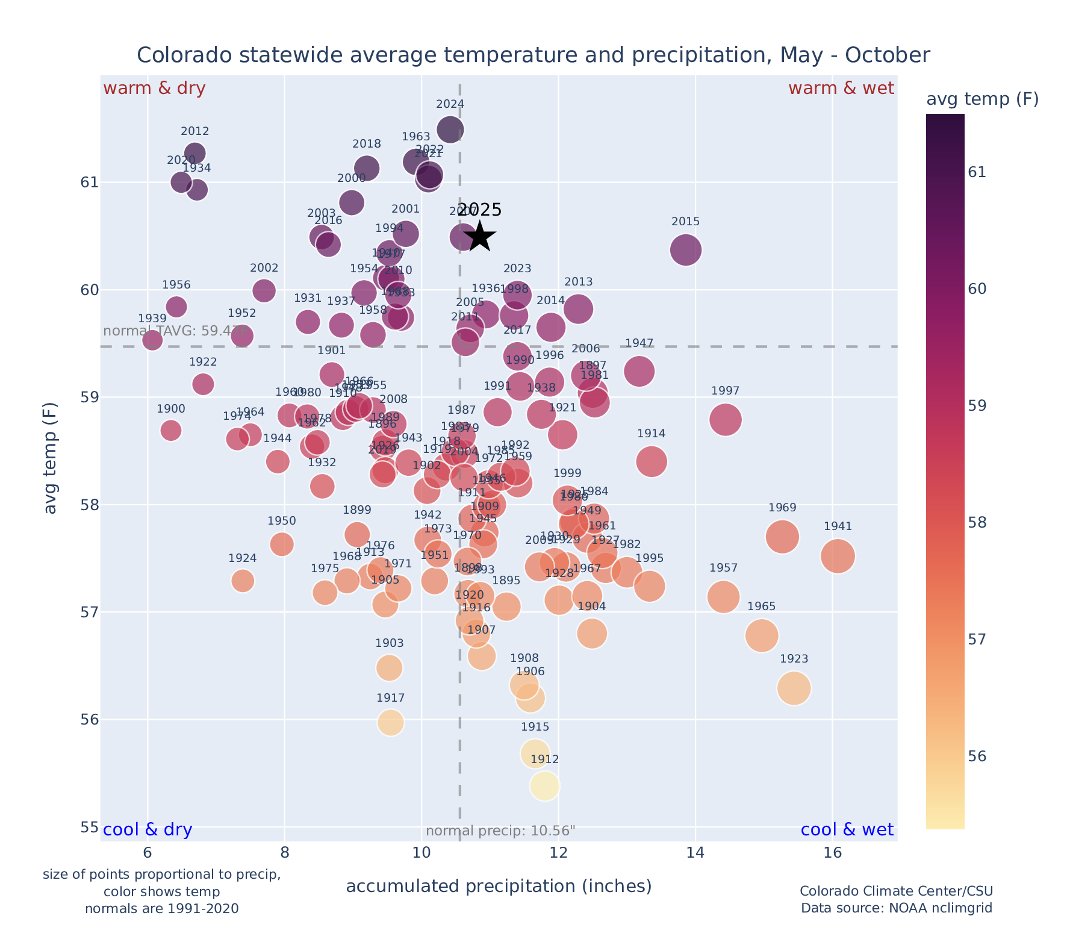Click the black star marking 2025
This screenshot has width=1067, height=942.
[x=479, y=236]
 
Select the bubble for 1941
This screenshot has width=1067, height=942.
[x=838, y=556]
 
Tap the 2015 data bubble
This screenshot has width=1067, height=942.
[x=685, y=250]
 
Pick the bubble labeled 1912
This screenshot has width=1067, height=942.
[x=545, y=786]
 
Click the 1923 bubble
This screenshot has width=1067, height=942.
[x=794, y=688]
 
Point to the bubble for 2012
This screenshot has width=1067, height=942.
[x=195, y=153]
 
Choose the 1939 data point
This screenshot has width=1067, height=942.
[x=152, y=340]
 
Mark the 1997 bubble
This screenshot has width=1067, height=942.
[x=725, y=419]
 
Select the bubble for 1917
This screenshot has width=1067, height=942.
[x=391, y=723]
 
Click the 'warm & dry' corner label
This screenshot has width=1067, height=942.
[x=154, y=89]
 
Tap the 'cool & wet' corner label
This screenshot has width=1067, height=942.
[x=847, y=830]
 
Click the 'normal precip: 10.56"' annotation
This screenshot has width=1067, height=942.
[x=500, y=831]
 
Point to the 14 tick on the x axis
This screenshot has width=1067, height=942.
[x=695, y=853]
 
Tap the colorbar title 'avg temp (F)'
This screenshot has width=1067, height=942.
[x=982, y=99]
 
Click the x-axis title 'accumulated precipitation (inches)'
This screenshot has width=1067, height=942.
[x=499, y=886]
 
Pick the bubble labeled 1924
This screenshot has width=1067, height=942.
[x=243, y=581]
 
